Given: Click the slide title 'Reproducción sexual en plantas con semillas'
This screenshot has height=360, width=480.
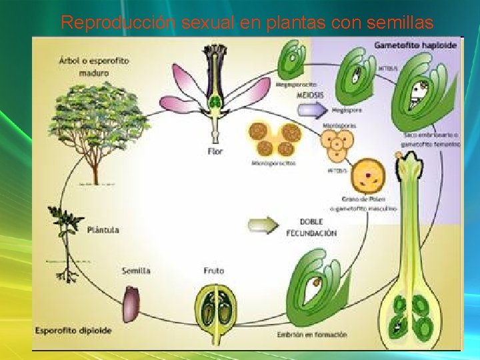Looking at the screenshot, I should click(x=247, y=23).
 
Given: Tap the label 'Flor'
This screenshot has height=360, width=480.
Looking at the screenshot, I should click(x=215, y=151).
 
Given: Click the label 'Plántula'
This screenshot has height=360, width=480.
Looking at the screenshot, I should click(x=103, y=230).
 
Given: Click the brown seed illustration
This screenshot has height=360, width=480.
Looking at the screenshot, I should click(x=130, y=304).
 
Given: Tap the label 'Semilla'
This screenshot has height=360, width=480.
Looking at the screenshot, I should click(x=136, y=271).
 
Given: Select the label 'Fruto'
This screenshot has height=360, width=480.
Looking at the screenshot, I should click(x=214, y=271).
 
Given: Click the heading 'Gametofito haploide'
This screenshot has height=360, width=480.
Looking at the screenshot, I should click(x=415, y=46).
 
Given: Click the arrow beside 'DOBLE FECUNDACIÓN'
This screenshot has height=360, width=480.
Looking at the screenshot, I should click(x=263, y=226).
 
